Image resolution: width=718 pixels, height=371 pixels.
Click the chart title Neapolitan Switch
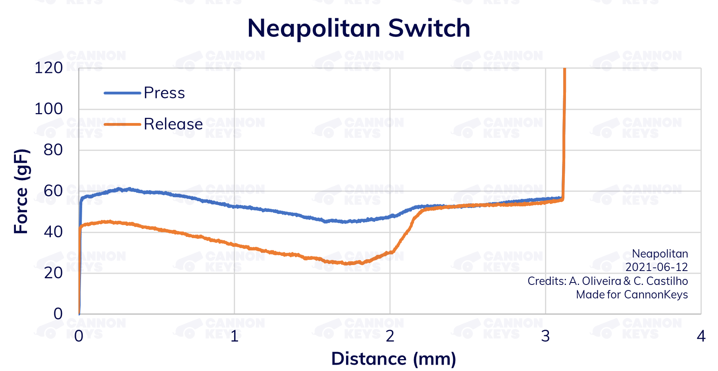coord(358,28)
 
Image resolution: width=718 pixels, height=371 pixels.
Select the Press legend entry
coord(164,93)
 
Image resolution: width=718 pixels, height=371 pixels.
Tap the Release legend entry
coord(173,124)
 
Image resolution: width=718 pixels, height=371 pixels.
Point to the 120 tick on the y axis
coord(48,68)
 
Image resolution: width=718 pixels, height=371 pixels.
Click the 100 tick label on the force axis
coord(48,109)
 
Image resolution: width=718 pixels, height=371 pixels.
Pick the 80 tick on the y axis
coord(53,150)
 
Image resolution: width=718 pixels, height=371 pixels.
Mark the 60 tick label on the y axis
coord(53,191)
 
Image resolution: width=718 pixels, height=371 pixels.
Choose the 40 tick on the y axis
coord(53,232)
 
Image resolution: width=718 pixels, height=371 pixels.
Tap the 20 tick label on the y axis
coord(53,273)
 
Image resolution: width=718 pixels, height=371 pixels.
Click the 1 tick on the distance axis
coord(234,336)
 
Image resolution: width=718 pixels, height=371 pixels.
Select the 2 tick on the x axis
coord(390,336)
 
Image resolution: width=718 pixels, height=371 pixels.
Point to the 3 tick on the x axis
coord(545,336)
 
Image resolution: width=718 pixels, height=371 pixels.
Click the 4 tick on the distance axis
coord(701,336)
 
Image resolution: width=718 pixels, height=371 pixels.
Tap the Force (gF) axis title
coord(21,191)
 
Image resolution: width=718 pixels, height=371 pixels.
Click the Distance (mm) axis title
coord(393,359)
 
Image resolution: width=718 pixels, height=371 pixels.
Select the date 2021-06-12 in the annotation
coord(656,267)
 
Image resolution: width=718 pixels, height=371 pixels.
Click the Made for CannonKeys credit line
coord(632,294)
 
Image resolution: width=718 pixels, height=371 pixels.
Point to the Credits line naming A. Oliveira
coord(607,281)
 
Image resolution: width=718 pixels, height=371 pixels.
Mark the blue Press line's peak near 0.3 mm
coord(119,189)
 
